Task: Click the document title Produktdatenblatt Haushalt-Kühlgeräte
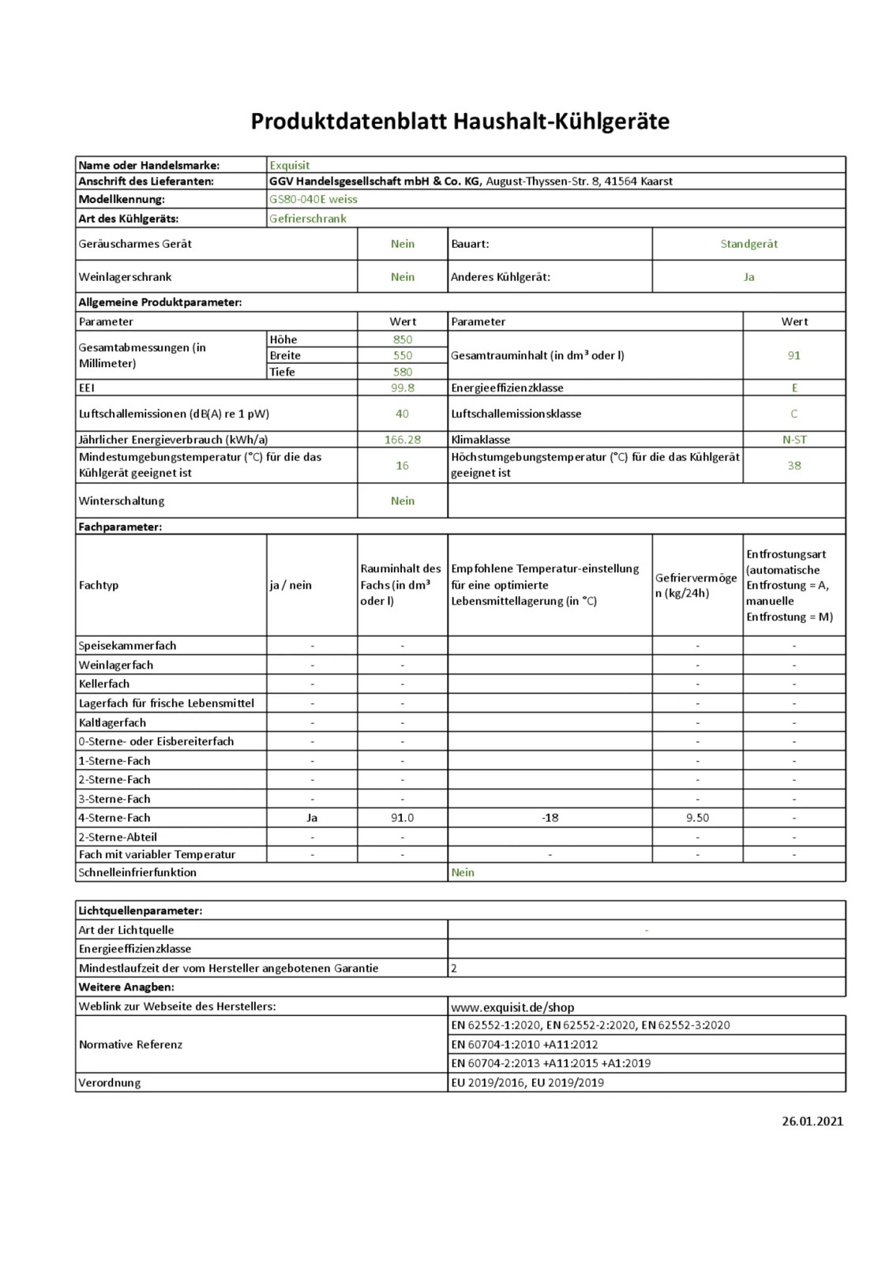point(460,122)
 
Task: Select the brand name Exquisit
point(289,165)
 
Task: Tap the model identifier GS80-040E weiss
point(313,199)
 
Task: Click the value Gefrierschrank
point(307,219)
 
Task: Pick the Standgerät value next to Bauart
point(749,244)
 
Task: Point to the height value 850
point(403,339)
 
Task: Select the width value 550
point(403,355)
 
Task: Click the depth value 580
point(403,372)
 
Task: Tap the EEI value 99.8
point(403,388)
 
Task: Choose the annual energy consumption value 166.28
point(403,440)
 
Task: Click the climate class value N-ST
point(794,440)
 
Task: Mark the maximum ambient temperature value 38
point(794,465)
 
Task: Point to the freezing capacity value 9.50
point(697,818)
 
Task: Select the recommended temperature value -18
point(550,818)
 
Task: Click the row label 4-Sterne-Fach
point(114,818)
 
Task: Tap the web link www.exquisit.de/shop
point(512,1007)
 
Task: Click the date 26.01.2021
point(812,1121)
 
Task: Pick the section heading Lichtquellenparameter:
point(141,910)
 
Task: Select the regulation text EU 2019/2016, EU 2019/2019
point(527,1082)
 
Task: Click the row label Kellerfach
point(104,684)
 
